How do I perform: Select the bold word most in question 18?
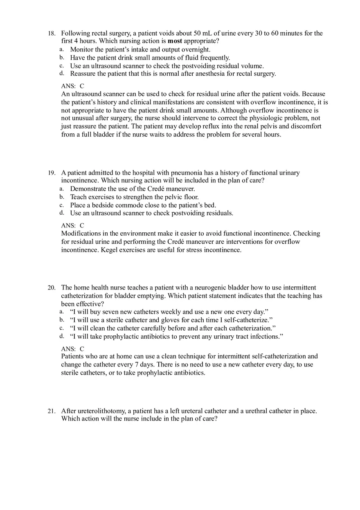click(175, 41)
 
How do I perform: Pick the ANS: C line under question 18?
click(72, 86)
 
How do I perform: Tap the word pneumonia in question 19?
click(175, 173)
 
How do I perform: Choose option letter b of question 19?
click(61, 197)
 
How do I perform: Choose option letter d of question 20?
click(61, 336)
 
